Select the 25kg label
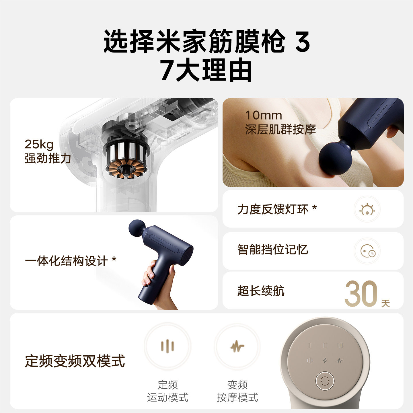pos(39,144)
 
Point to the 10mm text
pos(264,115)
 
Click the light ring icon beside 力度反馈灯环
pos(367,209)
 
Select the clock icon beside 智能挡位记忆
pos(367,251)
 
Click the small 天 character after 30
pos(385,303)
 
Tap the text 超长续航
pos(261,291)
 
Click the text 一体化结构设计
pos(66,261)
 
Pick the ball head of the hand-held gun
pos(137,229)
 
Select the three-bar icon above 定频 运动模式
pos(167,346)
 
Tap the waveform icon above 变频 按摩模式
pos(237,346)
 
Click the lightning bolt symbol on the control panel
pos(325,360)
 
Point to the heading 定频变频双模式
pos(75,361)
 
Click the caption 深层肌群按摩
pos(280,130)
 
